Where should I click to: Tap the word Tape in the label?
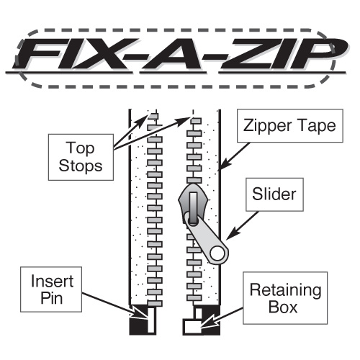coord(317,125)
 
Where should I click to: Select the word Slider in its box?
coord(274,194)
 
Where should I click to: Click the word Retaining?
coord(285,291)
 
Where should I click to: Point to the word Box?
coord(283,307)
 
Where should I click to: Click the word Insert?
coord(52,281)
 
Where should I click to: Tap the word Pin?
coord(52,298)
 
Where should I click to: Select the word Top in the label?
coord(80,148)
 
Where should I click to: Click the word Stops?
coord(81,166)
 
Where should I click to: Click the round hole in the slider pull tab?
coord(217,253)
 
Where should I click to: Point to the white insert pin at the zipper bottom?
coord(151,320)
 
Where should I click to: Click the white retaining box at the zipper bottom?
coord(192,326)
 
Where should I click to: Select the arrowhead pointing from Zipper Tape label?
coord(225,165)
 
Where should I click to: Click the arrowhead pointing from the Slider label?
coord(232,234)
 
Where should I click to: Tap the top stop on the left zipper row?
coord(153,117)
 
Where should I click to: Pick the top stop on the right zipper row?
coord(196,121)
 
